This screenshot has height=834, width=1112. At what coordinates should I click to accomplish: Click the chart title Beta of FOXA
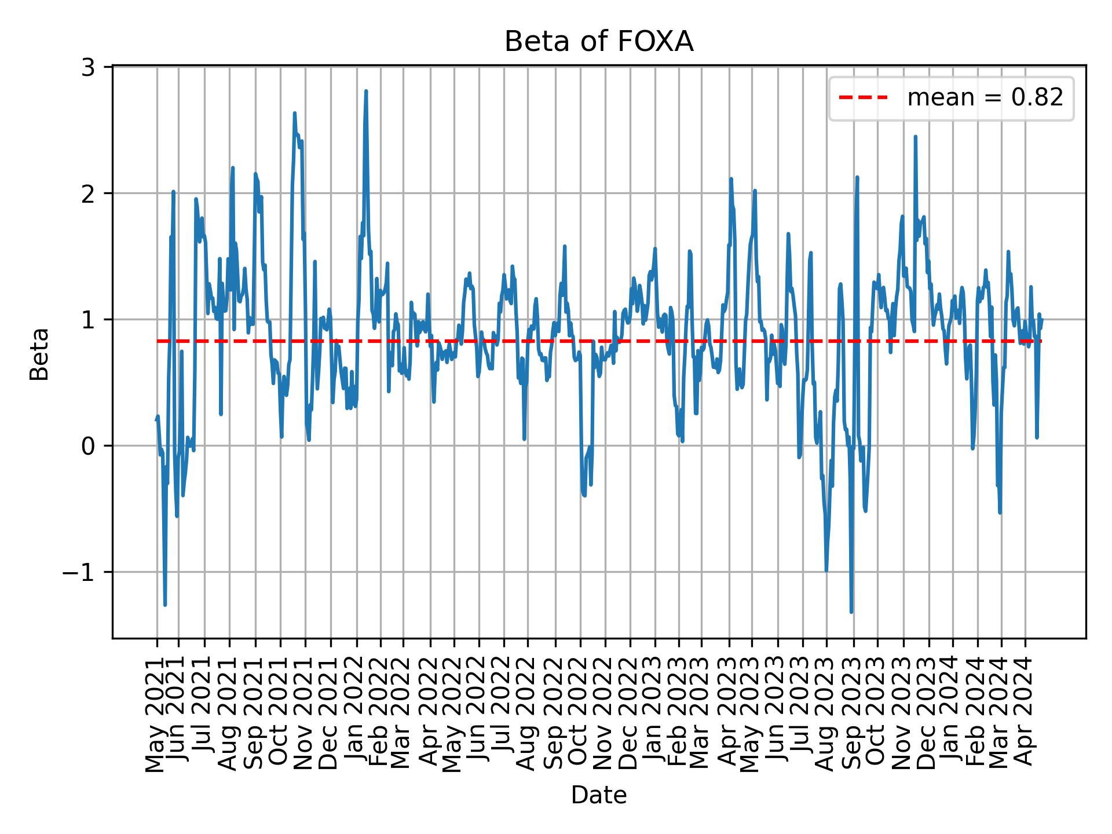(x=599, y=42)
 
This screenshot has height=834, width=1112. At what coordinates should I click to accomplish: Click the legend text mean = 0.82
(x=985, y=98)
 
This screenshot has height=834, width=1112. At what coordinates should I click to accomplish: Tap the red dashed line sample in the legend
(x=863, y=98)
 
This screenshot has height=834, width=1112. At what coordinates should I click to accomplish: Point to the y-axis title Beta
(x=39, y=354)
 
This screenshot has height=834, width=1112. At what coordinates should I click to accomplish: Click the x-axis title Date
(x=599, y=795)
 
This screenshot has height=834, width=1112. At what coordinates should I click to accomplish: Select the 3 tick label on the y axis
(x=88, y=67)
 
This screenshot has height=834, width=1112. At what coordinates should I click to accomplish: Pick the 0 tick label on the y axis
(x=88, y=446)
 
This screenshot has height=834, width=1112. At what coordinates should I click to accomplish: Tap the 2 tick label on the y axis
(x=88, y=193)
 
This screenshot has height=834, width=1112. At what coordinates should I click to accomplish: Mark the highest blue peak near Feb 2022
(x=366, y=91)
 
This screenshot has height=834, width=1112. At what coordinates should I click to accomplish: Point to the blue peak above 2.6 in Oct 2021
(x=294, y=113)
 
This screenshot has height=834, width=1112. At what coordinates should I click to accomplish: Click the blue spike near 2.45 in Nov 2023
(x=915, y=137)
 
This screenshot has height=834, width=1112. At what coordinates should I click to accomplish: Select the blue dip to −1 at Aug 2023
(x=826, y=571)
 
